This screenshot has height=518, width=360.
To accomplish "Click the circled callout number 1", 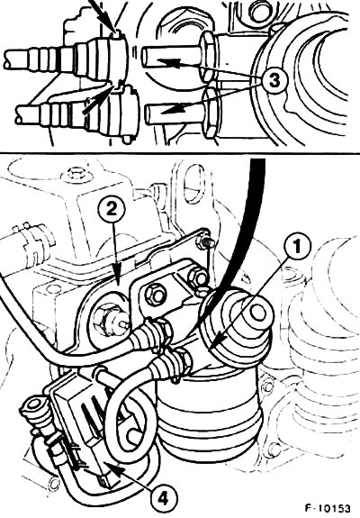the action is [298, 247].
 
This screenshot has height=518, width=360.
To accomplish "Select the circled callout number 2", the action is [112, 209].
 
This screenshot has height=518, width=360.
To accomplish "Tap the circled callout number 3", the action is [274, 80].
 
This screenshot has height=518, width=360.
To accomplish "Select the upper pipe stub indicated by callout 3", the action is [171, 57].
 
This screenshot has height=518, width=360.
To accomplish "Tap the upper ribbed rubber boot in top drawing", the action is [66, 59].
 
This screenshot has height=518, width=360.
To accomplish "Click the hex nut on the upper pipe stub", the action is [207, 57].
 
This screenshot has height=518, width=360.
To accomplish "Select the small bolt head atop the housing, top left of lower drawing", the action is [72, 174].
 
